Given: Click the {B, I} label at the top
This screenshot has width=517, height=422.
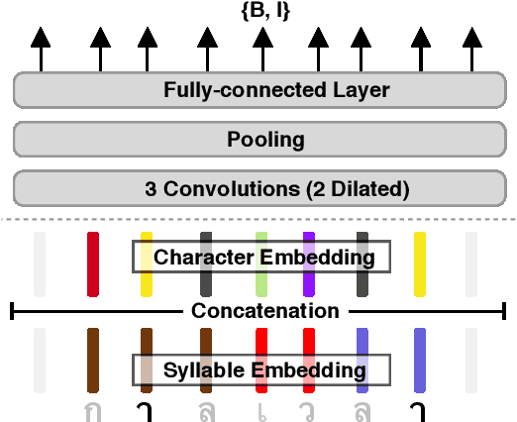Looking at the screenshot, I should point(261,12).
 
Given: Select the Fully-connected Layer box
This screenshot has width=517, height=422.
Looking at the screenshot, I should point(261,91).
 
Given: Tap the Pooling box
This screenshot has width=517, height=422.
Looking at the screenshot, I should point(261,139).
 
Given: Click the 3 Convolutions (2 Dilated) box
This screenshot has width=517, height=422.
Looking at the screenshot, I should point(261,186).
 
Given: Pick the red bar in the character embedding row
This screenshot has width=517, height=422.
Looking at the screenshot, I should point(93,262).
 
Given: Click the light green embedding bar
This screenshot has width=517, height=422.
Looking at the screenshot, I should point(261,262).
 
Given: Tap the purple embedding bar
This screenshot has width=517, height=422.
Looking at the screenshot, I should point(308,262).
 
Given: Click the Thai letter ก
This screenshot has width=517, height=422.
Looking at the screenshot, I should point(93,410).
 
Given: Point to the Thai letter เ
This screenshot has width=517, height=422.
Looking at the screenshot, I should point(261,410).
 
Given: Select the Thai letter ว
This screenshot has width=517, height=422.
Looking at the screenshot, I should point(308,410).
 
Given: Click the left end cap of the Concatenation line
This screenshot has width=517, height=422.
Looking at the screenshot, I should point(11,311).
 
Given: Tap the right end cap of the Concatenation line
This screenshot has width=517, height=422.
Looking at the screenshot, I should point(506,311).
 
